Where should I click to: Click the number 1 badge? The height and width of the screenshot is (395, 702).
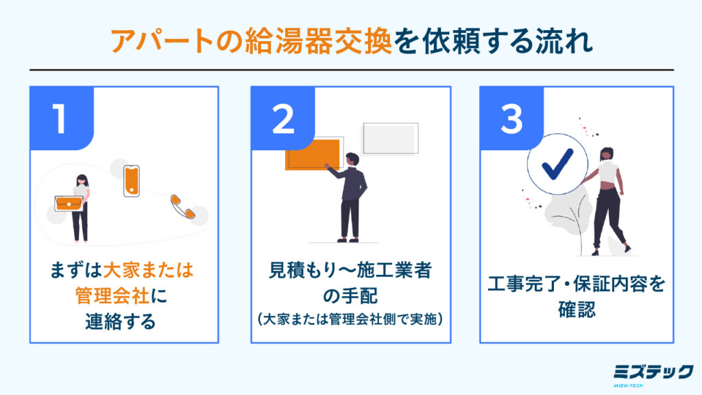coord(62,118)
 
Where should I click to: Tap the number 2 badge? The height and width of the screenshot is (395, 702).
coord(283,118)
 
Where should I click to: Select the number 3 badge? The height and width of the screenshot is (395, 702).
coord(511,118)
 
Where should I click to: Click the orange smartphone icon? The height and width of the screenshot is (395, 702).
coord(131,181)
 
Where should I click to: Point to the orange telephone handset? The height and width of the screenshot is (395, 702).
coord(182,206)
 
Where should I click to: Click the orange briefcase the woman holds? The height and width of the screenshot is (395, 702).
coord(69,203)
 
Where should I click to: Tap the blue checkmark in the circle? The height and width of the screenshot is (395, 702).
coord(557,164)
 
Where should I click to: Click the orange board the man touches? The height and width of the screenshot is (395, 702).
coord(312,154)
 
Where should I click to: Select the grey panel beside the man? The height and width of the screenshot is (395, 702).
coord(390,139)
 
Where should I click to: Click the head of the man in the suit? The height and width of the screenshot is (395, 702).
coord(352,159)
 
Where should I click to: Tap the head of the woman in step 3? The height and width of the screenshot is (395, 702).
coord(607,154)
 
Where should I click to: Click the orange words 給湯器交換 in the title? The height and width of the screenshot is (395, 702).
coord(318,41)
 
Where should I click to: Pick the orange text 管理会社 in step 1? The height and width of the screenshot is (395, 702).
coord(112,296)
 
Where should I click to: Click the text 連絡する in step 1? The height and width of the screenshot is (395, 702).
coord(121,321)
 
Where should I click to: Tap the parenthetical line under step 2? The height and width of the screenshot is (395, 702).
coord(350,319)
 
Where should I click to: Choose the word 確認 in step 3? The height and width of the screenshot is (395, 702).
coord(577,309)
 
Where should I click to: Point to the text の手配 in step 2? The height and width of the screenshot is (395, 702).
coord(350,296)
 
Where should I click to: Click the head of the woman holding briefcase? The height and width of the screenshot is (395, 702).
coord(82,180)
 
